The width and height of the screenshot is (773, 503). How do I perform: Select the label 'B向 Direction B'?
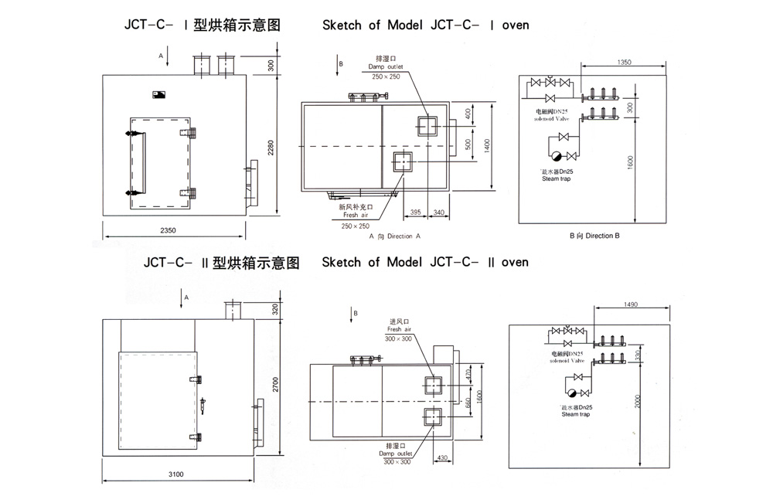tap(594, 235)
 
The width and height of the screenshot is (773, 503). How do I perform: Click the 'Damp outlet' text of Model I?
tap(387, 67)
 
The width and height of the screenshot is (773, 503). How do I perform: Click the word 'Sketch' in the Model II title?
tap(341, 262)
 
